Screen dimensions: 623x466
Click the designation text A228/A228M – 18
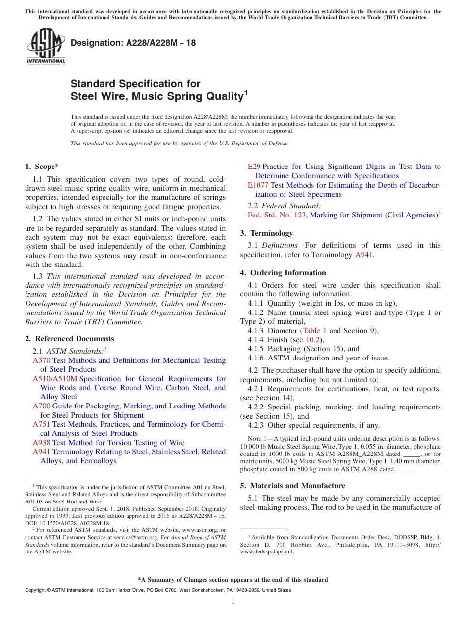pyautogui.click(x=133, y=43)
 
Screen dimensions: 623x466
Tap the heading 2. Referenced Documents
pyautogui.click(x=70, y=339)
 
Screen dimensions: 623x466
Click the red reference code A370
pyautogui.click(x=41, y=360)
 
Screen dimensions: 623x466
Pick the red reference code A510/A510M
pyautogui.click(x=55, y=379)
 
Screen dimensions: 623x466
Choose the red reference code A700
pyautogui.click(x=41, y=406)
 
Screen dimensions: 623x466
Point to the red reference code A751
pyautogui.click(x=41, y=424)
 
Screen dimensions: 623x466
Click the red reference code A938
pyautogui.click(x=41, y=443)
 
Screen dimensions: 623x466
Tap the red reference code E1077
pyautogui.click(x=258, y=185)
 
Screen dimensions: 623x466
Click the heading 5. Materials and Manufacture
pyautogui.click(x=292, y=486)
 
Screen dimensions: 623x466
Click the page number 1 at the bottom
pyautogui.click(x=233, y=602)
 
